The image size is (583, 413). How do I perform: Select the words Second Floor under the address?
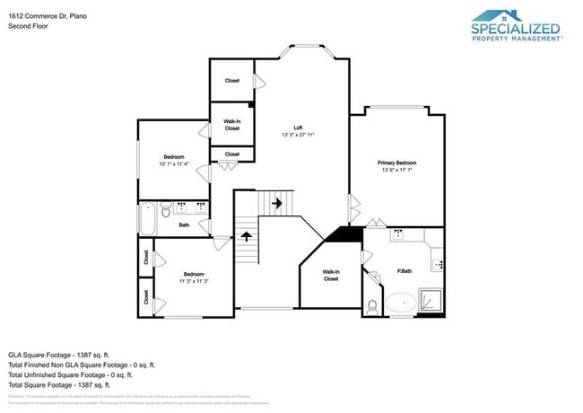[27, 26]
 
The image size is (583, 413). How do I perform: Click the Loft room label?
[297, 127]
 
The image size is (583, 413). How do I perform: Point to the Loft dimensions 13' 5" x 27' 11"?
[297, 135]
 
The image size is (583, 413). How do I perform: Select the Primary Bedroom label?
[397, 163]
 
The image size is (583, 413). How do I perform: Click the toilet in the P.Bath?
[372, 304]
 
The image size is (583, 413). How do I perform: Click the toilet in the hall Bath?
[165, 212]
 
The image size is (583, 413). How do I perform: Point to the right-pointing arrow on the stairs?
[277, 204]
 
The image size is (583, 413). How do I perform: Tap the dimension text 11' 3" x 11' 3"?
[196, 281]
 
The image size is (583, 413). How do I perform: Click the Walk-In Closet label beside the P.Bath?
[330, 275]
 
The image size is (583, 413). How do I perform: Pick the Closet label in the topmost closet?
[232, 81]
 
